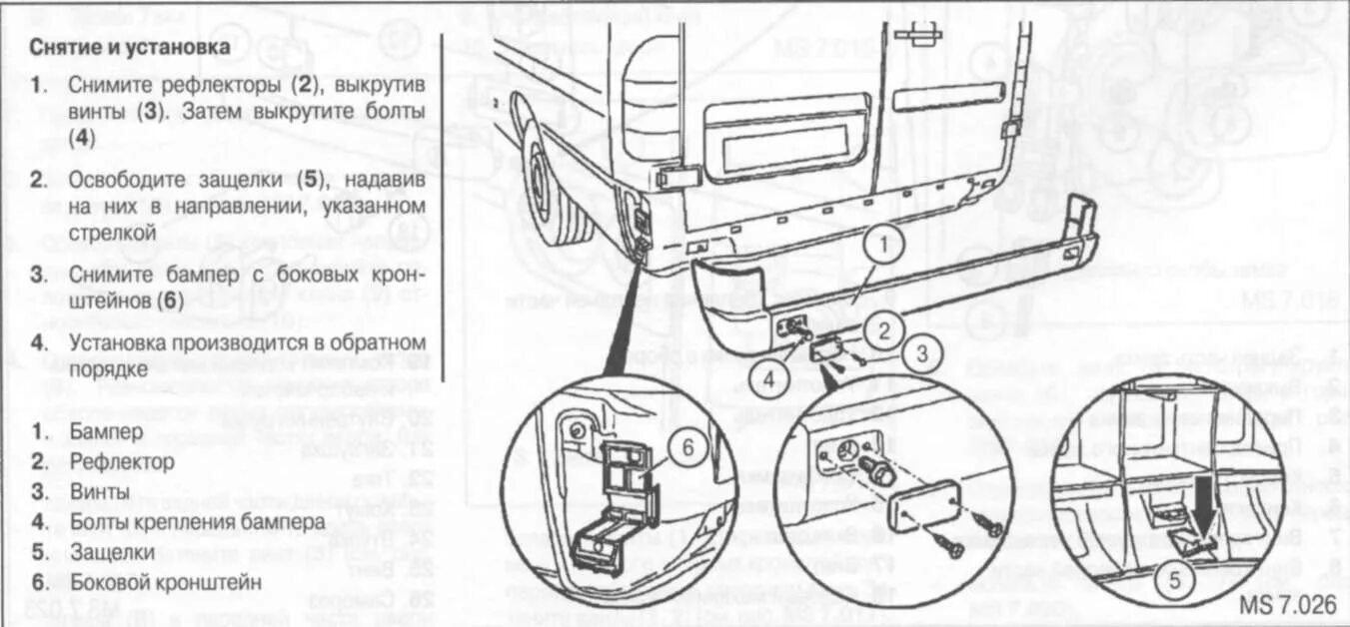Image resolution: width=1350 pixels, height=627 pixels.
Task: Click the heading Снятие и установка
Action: [124, 47]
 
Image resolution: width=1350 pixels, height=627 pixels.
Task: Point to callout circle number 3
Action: [921, 351]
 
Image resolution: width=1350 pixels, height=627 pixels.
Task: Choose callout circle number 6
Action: [688, 448]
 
